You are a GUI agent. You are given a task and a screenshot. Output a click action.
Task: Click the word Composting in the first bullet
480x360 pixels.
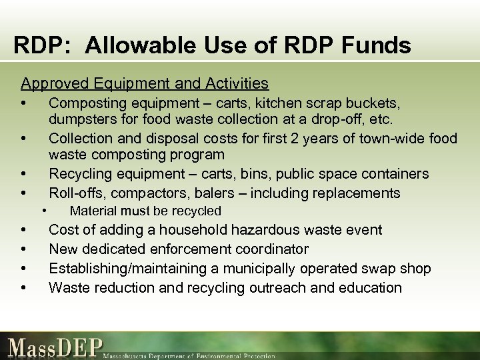click(x=86, y=103)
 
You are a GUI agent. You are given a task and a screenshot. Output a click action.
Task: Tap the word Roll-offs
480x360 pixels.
click(x=75, y=193)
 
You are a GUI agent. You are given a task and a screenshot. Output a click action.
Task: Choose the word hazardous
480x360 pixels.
click(x=266, y=230)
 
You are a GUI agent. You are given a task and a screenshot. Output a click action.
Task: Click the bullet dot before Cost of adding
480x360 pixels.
click(x=24, y=230)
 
